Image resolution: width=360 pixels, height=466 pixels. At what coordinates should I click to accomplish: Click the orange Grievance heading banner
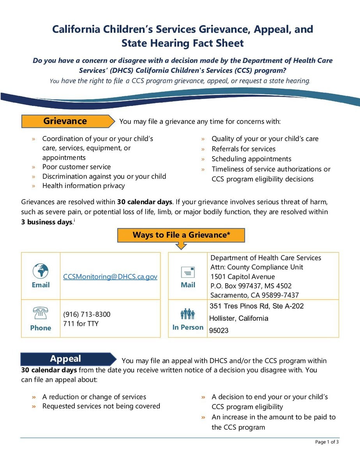tap(65, 121)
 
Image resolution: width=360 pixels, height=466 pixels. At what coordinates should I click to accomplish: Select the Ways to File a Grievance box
tap(181, 235)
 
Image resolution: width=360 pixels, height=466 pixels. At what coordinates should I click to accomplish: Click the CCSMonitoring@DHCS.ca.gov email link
tap(110, 277)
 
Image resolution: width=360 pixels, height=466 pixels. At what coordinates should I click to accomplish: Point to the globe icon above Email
tap(41, 270)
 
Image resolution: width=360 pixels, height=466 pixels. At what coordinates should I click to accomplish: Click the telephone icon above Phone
tap(41, 313)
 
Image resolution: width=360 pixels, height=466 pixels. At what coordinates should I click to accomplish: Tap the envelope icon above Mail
tap(188, 272)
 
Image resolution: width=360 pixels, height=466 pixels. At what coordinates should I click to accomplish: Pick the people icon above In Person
tap(188, 314)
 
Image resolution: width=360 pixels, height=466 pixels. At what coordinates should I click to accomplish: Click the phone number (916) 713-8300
tap(86, 314)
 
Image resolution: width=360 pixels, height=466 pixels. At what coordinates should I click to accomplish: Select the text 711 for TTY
tap(81, 324)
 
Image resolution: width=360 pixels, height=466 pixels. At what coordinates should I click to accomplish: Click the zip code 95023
tap(219, 330)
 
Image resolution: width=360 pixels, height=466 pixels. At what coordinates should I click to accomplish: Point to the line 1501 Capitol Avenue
tap(242, 277)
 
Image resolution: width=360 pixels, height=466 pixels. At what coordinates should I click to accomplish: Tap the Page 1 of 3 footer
tap(327, 442)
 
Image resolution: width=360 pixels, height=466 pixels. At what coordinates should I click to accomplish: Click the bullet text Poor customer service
tap(76, 167)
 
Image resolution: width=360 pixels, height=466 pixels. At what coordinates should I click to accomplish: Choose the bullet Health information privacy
tap(83, 185)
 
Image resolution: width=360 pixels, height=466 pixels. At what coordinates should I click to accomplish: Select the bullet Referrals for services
tap(244, 149)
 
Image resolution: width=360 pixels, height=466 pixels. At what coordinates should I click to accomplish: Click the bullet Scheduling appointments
tap(251, 159)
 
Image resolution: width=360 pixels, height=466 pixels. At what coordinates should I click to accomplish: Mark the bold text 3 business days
tap(47, 222)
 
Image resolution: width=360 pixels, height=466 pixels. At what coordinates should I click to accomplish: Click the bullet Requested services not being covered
tap(101, 406)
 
